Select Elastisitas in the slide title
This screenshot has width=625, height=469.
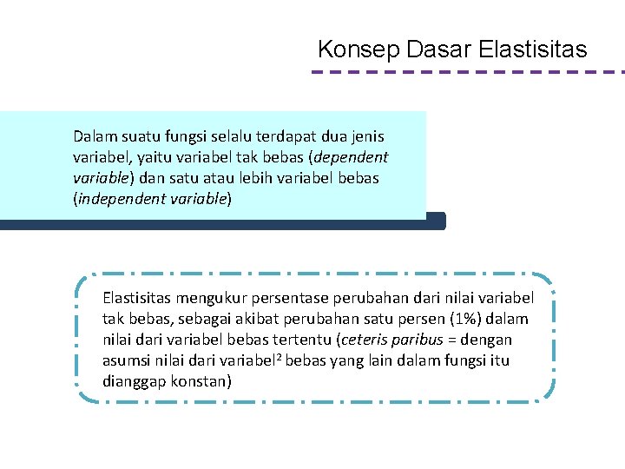(x=532, y=50)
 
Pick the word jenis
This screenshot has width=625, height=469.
(x=365, y=136)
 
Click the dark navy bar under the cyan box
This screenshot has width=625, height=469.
(x=222, y=222)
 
